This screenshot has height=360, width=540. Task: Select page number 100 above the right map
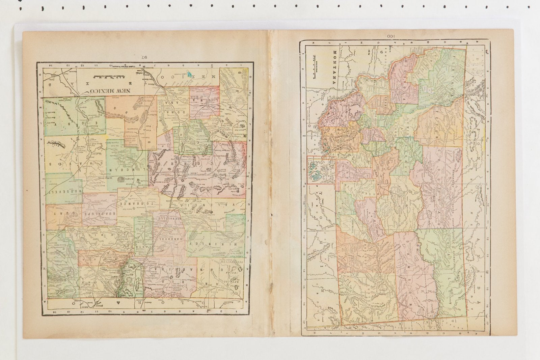[x=390, y=36]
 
